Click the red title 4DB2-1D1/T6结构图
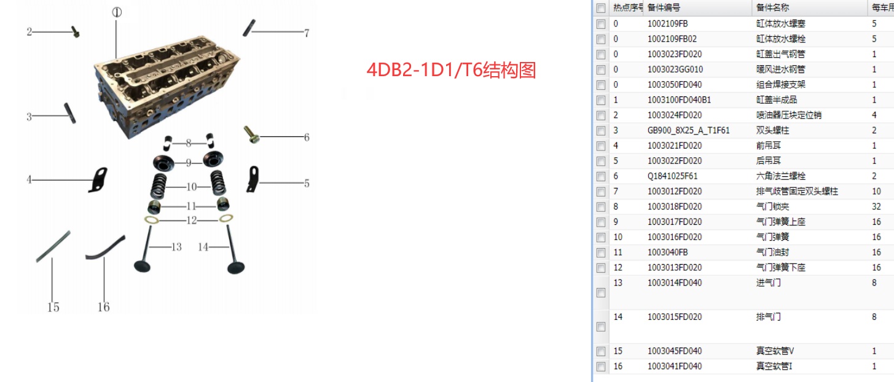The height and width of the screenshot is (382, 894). pos(451,70)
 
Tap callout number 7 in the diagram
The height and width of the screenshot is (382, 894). pos(307,33)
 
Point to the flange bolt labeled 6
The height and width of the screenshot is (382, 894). pos(251,134)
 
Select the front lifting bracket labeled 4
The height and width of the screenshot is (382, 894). pos(98,180)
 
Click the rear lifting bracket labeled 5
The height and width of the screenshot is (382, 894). pos(253,179)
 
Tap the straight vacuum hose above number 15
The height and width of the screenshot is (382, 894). pos(53,246)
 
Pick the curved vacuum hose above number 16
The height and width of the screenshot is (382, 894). pos(105,248)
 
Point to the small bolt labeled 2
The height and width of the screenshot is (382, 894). pos(76,31)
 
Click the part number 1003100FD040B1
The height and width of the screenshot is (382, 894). pos(679,99)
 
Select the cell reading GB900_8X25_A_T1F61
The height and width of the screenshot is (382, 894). pos(688,130)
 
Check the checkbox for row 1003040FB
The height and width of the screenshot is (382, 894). pos(601,253)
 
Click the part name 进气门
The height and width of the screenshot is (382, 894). pos(768,283)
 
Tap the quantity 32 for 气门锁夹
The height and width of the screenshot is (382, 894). pos(876,206)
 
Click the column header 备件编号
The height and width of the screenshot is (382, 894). pos(664,7)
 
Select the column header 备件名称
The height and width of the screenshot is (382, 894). pos(772,7)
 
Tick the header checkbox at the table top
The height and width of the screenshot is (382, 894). pos(601,8)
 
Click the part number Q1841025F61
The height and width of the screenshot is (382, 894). pos(672,176)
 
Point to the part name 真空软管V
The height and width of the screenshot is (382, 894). pos(775,351)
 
